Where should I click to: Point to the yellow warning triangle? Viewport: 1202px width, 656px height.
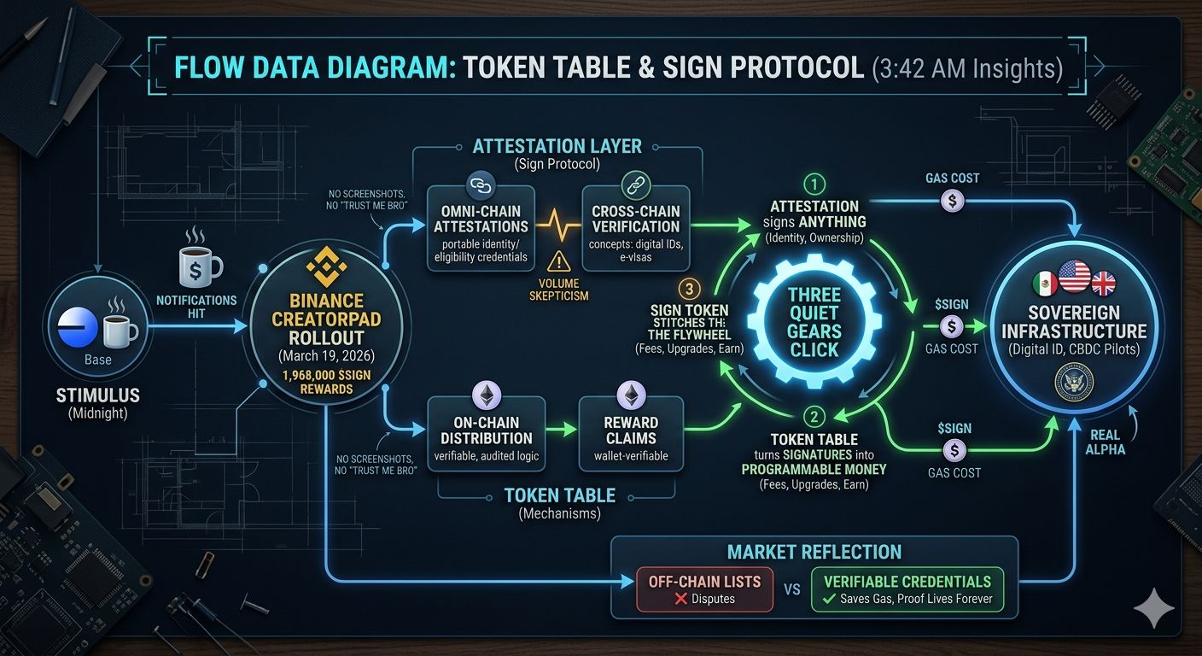point(559,262)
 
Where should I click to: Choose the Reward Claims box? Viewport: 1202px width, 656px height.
point(631,431)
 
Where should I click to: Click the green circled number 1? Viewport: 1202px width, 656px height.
point(813,183)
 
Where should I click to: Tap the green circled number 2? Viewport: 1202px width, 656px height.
point(814,417)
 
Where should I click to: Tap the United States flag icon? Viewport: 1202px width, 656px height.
point(1073,277)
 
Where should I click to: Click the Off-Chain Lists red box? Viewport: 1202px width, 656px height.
point(704,589)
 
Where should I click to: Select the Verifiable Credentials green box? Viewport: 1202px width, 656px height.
point(907,589)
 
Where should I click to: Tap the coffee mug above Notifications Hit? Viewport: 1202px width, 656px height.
point(196,266)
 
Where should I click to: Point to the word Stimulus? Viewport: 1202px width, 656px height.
point(97,395)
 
